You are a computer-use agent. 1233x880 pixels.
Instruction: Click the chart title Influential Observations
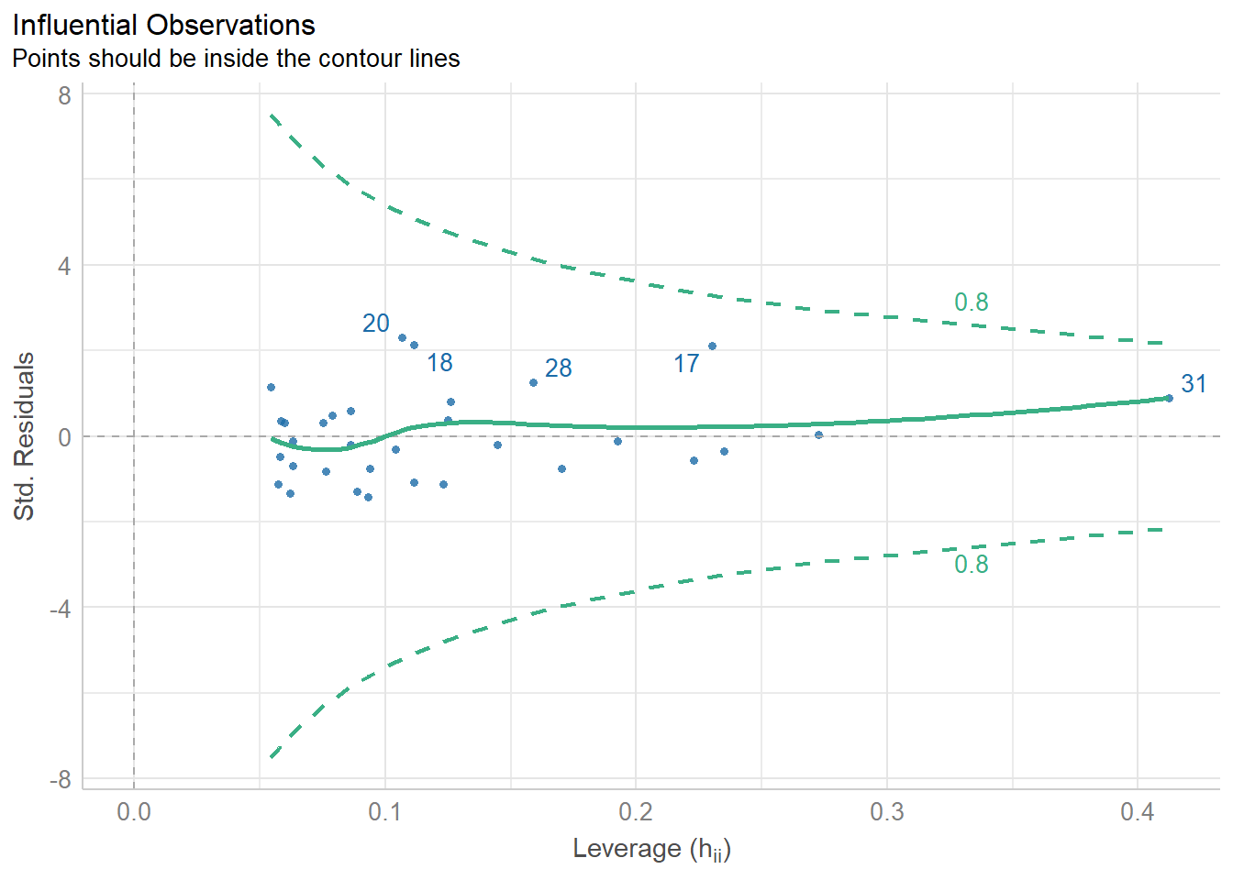[164, 25]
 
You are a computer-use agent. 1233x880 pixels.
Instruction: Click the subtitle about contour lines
[236, 59]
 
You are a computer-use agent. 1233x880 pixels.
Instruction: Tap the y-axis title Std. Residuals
[24, 436]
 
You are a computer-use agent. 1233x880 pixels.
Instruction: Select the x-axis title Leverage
[651, 849]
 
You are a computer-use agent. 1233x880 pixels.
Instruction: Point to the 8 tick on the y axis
[64, 95]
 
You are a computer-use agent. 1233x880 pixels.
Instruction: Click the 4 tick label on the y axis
[64, 266]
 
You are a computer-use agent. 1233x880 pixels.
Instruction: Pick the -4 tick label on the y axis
[61, 608]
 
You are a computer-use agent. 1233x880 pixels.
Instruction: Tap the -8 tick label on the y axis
[61, 779]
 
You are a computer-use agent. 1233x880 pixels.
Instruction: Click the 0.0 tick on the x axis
[134, 812]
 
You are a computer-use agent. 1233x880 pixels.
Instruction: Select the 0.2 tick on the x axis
[636, 812]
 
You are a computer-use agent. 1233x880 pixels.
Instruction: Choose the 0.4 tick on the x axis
[1138, 812]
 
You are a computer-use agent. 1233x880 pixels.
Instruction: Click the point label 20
[376, 324]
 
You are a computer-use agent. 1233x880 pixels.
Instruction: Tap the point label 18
[439, 363]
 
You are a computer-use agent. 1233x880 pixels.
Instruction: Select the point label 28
[558, 368]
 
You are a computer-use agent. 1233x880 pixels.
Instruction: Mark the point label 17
[686, 364]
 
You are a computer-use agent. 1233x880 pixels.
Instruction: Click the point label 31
[1194, 384]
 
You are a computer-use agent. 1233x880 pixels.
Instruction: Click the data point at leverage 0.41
[1168, 398]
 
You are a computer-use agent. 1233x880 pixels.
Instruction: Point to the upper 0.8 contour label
[972, 302]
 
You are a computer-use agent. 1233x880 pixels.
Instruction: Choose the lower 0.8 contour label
[972, 565]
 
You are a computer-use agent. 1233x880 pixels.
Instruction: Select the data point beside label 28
[533, 382]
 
